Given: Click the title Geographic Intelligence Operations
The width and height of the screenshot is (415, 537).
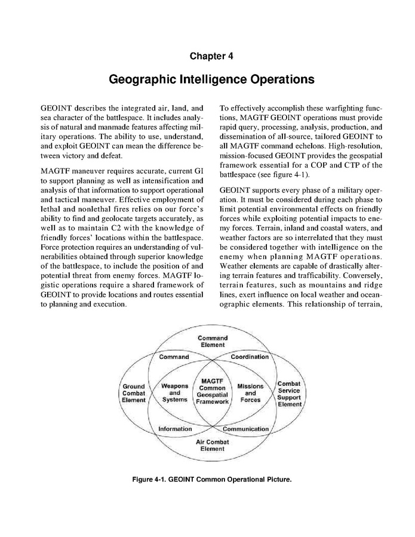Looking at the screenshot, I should [207, 79].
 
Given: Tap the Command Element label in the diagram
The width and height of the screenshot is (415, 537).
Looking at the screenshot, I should [212, 341].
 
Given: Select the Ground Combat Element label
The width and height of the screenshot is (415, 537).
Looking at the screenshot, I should [134, 393].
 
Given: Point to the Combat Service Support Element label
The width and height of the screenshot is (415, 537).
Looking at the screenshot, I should [290, 393].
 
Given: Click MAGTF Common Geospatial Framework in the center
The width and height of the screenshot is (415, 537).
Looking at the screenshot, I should [213, 391].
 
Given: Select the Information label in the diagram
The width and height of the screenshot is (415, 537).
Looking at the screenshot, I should [175, 429].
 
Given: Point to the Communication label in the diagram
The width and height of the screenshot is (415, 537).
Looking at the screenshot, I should [246, 429].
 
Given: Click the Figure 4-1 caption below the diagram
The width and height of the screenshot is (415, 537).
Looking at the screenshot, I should [207, 478].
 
